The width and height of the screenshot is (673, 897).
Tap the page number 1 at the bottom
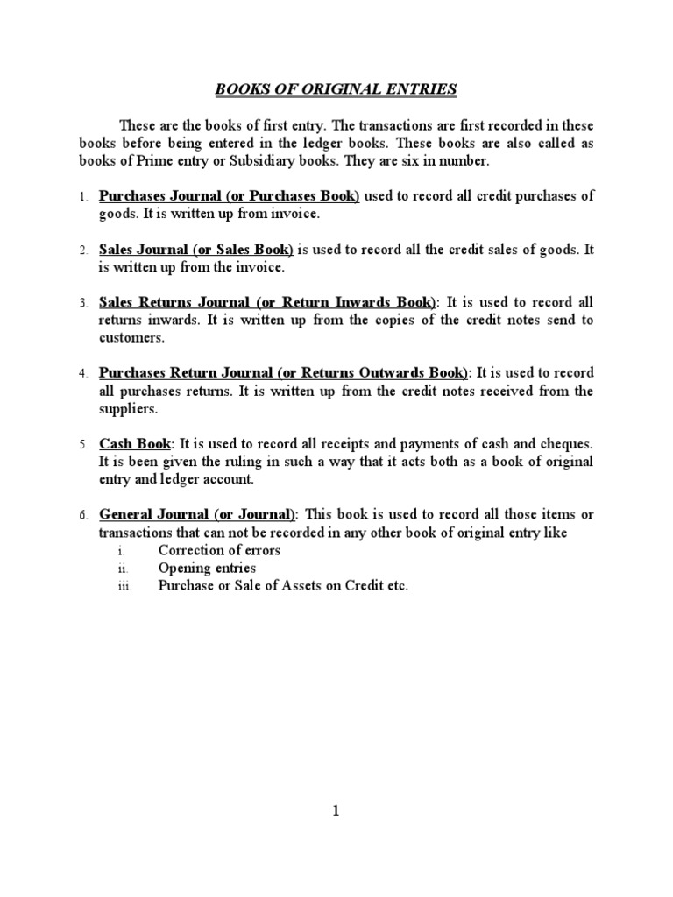[x=336, y=811]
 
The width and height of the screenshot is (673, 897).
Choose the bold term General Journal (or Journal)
[x=198, y=514]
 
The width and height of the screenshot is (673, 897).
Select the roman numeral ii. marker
[x=124, y=569]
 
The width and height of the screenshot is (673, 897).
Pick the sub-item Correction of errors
[x=219, y=551]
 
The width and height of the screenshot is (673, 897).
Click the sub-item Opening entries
[x=207, y=569]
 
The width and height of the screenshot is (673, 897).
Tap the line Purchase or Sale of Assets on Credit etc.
[x=283, y=586]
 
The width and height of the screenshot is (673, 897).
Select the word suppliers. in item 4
[x=128, y=408]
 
